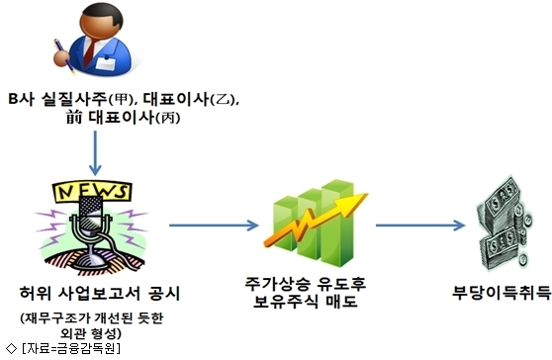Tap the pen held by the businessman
click(64, 56)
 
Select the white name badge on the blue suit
click(106, 63)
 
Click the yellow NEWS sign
click(92, 192)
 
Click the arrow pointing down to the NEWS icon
click(95, 153)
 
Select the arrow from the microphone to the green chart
click(214, 225)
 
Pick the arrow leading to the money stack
click(420, 225)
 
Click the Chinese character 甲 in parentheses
click(121, 100)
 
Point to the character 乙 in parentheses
click(223, 100)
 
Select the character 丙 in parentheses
click(167, 118)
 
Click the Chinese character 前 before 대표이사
click(74, 117)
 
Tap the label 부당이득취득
click(502, 292)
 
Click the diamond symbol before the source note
click(11, 348)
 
